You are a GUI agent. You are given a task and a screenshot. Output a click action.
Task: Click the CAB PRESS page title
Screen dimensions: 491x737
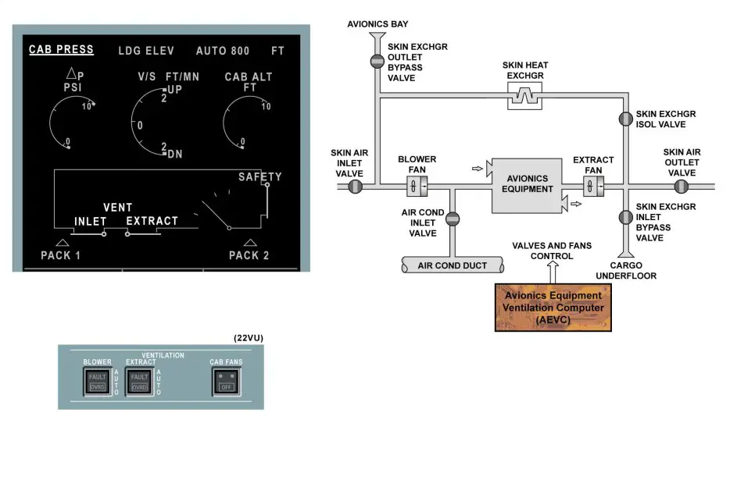tap(61, 50)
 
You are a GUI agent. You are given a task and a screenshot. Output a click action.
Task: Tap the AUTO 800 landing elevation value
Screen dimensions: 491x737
tap(223, 51)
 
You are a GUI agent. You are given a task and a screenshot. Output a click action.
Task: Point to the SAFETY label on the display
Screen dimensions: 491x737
tap(259, 177)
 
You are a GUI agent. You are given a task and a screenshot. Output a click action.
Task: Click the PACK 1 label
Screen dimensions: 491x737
tap(61, 255)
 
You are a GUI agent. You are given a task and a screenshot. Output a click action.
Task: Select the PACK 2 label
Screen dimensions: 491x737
tap(249, 255)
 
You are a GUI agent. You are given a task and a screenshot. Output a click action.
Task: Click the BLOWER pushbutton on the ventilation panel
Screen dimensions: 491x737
tap(97, 382)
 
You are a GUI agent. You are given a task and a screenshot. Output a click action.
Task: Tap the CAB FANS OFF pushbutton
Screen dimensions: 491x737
tap(227, 382)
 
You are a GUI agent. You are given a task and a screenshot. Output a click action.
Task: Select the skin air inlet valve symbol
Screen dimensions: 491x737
tap(356, 187)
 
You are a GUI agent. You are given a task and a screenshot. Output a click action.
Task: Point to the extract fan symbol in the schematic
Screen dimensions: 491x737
tap(593, 187)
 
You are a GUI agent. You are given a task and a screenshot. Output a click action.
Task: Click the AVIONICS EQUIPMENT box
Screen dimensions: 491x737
tap(528, 184)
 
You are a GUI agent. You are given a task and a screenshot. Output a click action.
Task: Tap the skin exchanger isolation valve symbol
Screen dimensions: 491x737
tap(625, 119)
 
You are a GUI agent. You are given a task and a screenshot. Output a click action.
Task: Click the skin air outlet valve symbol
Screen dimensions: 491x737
tap(682, 187)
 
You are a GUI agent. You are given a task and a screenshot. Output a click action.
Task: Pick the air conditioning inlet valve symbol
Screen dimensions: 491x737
tap(453, 220)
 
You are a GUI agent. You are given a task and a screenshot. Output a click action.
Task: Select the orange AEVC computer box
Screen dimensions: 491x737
tap(553, 308)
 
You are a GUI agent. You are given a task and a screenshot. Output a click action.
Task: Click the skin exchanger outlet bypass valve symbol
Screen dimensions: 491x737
tap(377, 60)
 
